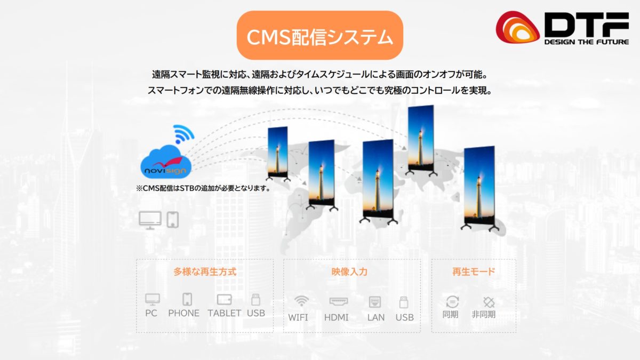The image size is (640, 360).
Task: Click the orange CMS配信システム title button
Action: (319, 35)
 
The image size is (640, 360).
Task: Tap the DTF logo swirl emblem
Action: (517, 27)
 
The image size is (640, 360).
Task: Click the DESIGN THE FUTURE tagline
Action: (586, 42)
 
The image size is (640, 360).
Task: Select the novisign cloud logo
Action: (166, 162)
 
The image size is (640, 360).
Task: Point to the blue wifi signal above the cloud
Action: (183, 134)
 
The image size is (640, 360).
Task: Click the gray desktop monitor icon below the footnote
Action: (150, 220)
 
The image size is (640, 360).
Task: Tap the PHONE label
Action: (183, 313)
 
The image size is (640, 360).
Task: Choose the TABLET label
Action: (225, 313)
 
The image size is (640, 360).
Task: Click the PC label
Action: (151, 313)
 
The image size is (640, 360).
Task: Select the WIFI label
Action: (298, 317)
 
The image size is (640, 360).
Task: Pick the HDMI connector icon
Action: (339, 301)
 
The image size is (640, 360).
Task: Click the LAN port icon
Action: (375, 302)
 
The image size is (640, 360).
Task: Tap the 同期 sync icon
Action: (452, 302)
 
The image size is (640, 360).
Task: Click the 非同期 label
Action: (483, 314)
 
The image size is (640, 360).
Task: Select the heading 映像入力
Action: (349, 271)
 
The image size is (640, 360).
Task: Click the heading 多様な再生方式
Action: (205, 271)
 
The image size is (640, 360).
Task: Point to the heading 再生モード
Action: (474, 271)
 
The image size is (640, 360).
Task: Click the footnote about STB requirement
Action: (203, 188)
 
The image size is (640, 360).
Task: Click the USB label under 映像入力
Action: (405, 317)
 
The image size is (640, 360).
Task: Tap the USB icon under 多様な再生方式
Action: (255, 300)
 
